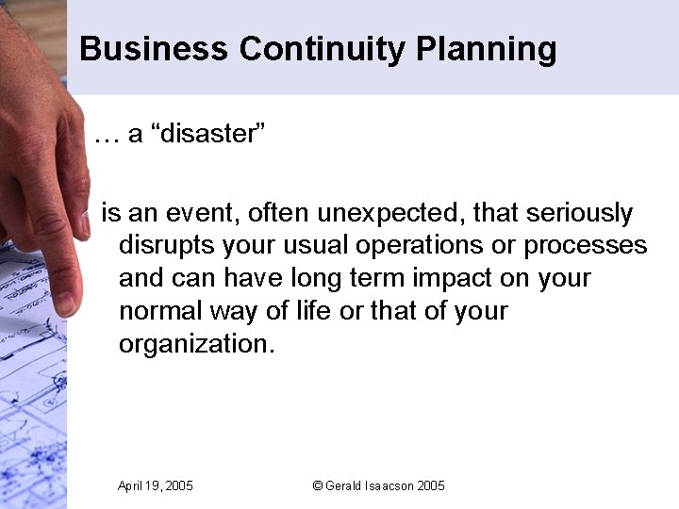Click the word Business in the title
tap(154, 49)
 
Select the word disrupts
tap(167, 246)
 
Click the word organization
tap(196, 343)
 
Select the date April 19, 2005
tap(156, 485)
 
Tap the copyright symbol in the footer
tap(317, 485)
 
